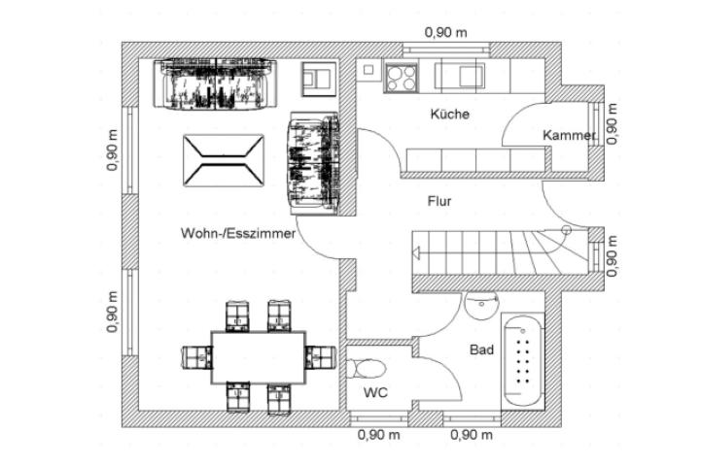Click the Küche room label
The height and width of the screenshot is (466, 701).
449,115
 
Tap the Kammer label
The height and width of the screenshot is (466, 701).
568,136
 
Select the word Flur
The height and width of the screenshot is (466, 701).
439,202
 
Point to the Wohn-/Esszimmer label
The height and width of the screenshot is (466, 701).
237,234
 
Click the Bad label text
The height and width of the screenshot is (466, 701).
480,349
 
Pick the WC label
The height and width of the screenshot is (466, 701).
375,393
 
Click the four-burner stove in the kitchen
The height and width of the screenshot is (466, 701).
401,76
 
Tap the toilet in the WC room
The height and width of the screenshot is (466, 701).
369,369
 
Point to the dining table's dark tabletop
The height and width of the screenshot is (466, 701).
258,356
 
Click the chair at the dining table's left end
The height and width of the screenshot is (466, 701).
197,356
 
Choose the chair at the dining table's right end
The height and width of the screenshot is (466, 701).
319,356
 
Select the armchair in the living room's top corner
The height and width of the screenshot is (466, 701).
317,78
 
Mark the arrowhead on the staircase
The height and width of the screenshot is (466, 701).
416,255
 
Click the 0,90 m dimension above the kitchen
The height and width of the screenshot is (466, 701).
445,32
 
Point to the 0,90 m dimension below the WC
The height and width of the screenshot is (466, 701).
379,436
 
